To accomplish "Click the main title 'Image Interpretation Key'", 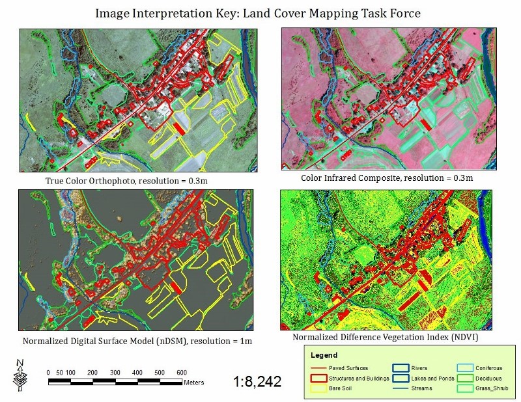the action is pos(260,12).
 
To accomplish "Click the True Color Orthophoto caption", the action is pos(123,180).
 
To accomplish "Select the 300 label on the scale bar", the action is pos(115,371).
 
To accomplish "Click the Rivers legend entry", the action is pos(419,368).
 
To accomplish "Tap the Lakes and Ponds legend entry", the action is pos(428,378).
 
